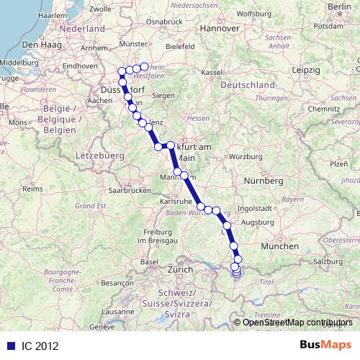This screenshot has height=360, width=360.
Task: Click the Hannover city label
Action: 220,29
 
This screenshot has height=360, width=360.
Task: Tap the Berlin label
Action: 338,7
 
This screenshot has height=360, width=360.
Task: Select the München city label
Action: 276,247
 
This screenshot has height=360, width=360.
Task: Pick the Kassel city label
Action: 211,73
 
